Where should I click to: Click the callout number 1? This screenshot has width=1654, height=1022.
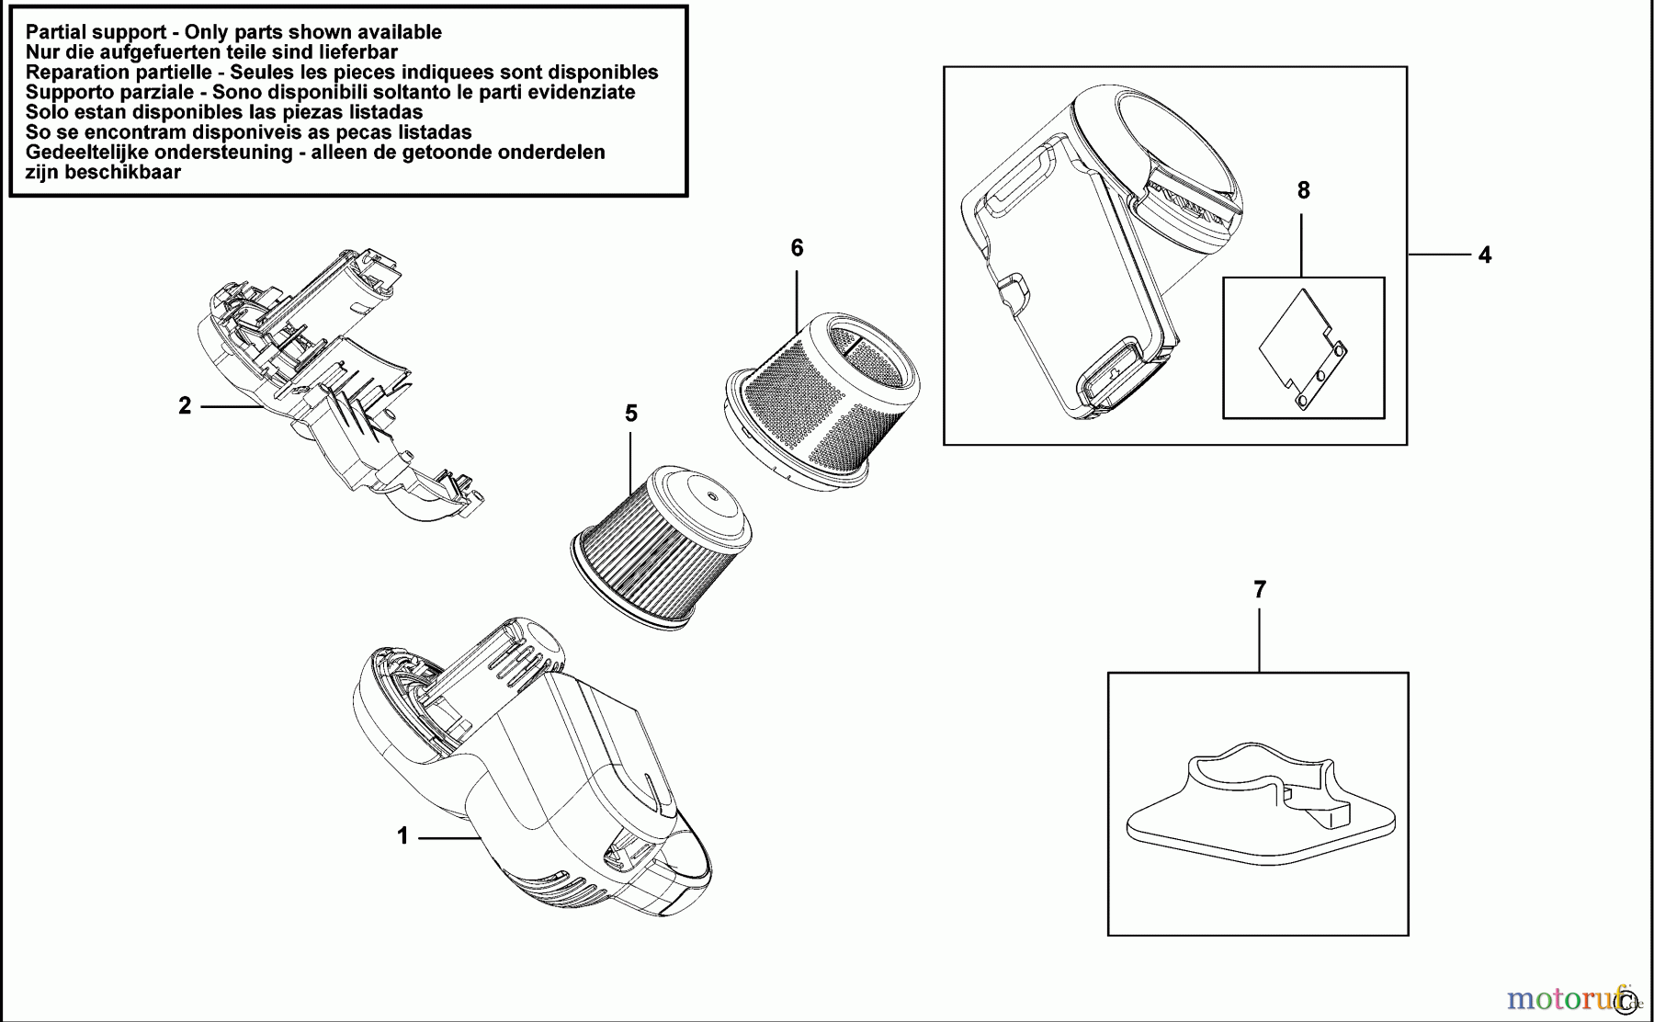402,836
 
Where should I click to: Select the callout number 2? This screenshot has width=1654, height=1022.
185,405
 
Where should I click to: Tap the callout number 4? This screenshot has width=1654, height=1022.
1485,255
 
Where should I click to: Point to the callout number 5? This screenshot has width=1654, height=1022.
631,414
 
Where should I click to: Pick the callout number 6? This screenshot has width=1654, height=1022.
797,247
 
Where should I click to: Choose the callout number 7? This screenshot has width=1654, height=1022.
1260,589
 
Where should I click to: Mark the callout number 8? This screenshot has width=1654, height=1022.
1303,190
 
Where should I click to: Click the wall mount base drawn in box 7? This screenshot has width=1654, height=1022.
1259,809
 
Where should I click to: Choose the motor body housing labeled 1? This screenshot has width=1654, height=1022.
524,772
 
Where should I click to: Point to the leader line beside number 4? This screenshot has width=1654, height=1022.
1437,255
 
